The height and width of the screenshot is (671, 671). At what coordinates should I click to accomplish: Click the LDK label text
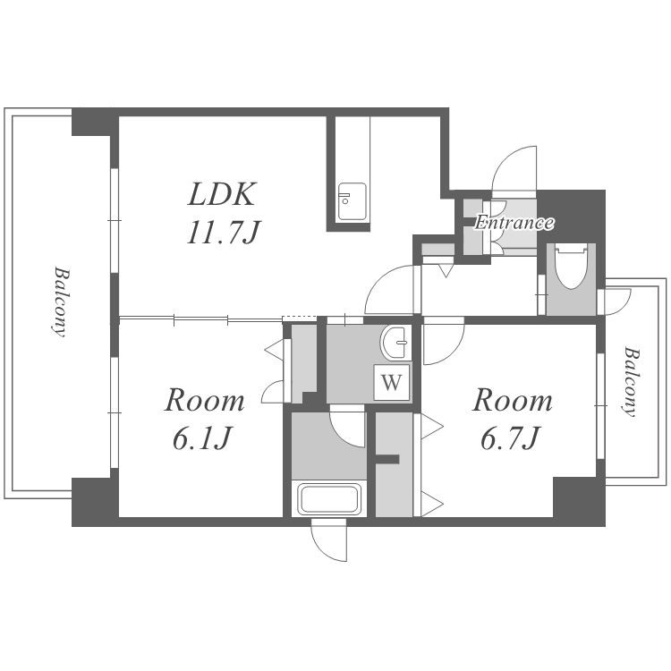[x=222, y=195]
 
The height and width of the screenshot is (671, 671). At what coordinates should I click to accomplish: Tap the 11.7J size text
[x=224, y=234]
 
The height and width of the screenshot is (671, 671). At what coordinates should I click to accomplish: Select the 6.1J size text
[x=202, y=438]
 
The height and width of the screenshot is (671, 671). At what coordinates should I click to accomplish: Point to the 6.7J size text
[x=510, y=438]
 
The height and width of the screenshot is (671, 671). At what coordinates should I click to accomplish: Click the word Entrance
[x=514, y=223]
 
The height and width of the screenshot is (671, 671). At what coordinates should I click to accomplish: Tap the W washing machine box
[x=392, y=382]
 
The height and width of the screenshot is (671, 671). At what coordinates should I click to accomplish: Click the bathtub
[x=329, y=498]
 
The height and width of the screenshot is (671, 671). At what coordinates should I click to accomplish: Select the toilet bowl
[x=572, y=267]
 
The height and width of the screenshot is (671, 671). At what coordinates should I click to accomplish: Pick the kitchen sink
[x=352, y=201]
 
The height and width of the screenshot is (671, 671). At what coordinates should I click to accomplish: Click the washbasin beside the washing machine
[x=395, y=344]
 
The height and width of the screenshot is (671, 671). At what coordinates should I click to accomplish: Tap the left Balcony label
[x=59, y=302]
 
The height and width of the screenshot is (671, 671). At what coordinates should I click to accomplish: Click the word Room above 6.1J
[x=205, y=401]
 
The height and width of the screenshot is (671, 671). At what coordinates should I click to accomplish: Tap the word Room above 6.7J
[x=512, y=401]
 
